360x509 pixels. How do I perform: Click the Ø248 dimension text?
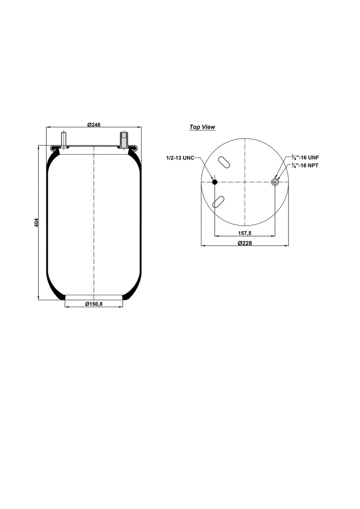(94, 124)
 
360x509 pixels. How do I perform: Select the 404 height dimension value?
(36, 223)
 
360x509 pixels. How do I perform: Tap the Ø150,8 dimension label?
(93, 304)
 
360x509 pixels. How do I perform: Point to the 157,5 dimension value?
(244, 233)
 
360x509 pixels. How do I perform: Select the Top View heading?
(202, 127)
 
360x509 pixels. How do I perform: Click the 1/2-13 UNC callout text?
(180, 158)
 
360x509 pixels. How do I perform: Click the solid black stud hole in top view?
(215, 182)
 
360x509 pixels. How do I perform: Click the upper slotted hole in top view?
(223, 163)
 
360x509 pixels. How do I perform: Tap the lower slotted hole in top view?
(218, 201)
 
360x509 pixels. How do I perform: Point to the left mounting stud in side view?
(64, 138)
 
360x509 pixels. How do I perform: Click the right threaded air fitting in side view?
(124, 138)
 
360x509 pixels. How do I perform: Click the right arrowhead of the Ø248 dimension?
(140, 128)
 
